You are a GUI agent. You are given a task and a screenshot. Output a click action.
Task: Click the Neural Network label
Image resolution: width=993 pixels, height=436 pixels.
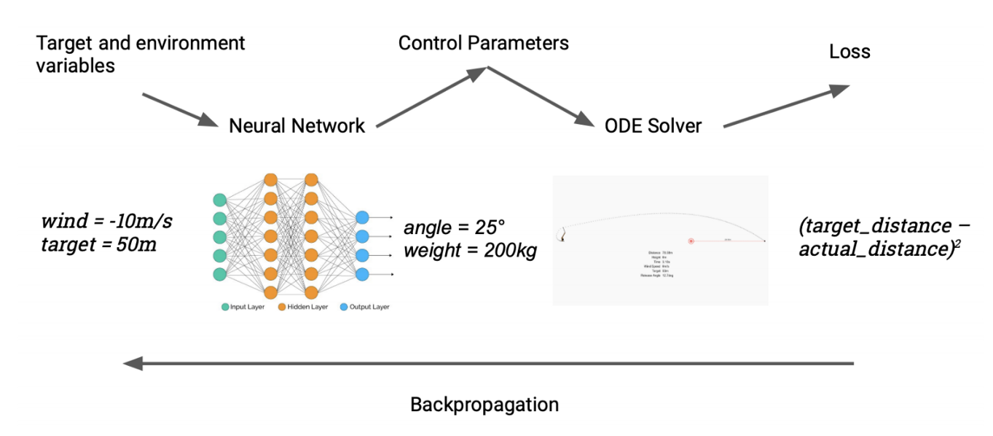click(x=297, y=125)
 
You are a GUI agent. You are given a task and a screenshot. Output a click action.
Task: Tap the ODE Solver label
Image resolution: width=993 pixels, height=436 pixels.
click(x=653, y=125)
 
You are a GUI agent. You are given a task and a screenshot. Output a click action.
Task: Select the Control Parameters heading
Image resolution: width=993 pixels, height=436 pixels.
click(x=483, y=43)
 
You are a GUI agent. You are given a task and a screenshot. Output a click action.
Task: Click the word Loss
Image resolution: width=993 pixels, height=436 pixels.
click(x=849, y=52)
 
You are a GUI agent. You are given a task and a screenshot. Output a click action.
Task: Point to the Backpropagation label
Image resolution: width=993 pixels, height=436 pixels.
click(x=484, y=404)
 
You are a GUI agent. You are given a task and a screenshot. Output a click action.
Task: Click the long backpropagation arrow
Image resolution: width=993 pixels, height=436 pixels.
click(x=488, y=362)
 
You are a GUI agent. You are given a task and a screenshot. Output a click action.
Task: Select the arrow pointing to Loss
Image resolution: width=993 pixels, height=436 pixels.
click(x=787, y=106)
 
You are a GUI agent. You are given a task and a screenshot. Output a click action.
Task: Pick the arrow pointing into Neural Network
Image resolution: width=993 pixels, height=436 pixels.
click(x=178, y=109)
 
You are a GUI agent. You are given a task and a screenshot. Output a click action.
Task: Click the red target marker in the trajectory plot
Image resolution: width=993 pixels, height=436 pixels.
click(x=691, y=241)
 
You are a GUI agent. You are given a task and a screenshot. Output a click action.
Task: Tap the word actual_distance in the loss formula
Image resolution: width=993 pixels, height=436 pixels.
click(x=864, y=250)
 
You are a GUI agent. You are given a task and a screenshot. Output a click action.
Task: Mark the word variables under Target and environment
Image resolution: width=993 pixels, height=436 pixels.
click(x=75, y=66)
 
